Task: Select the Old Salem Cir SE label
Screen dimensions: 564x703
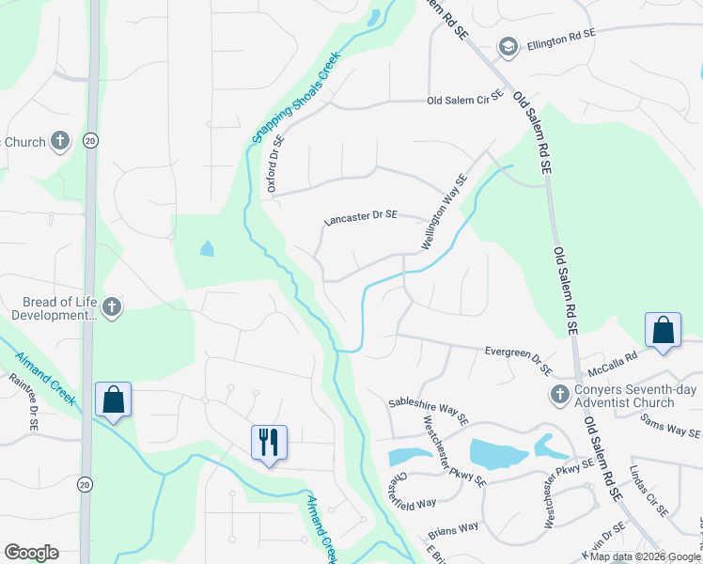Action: [x=461, y=101]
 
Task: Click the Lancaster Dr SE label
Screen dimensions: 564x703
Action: [x=360, y=216]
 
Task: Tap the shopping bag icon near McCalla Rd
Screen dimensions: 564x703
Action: [x=663, y=331]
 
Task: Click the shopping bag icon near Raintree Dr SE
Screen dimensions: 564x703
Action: [x=114, y=399]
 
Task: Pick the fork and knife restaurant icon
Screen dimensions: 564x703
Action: [x=269, y=440]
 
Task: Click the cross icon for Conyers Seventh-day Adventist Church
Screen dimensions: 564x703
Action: [x=558, y=394]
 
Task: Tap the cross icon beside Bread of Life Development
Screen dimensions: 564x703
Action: [x=112, y=307]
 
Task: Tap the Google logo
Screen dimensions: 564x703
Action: [x=31, y=553]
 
